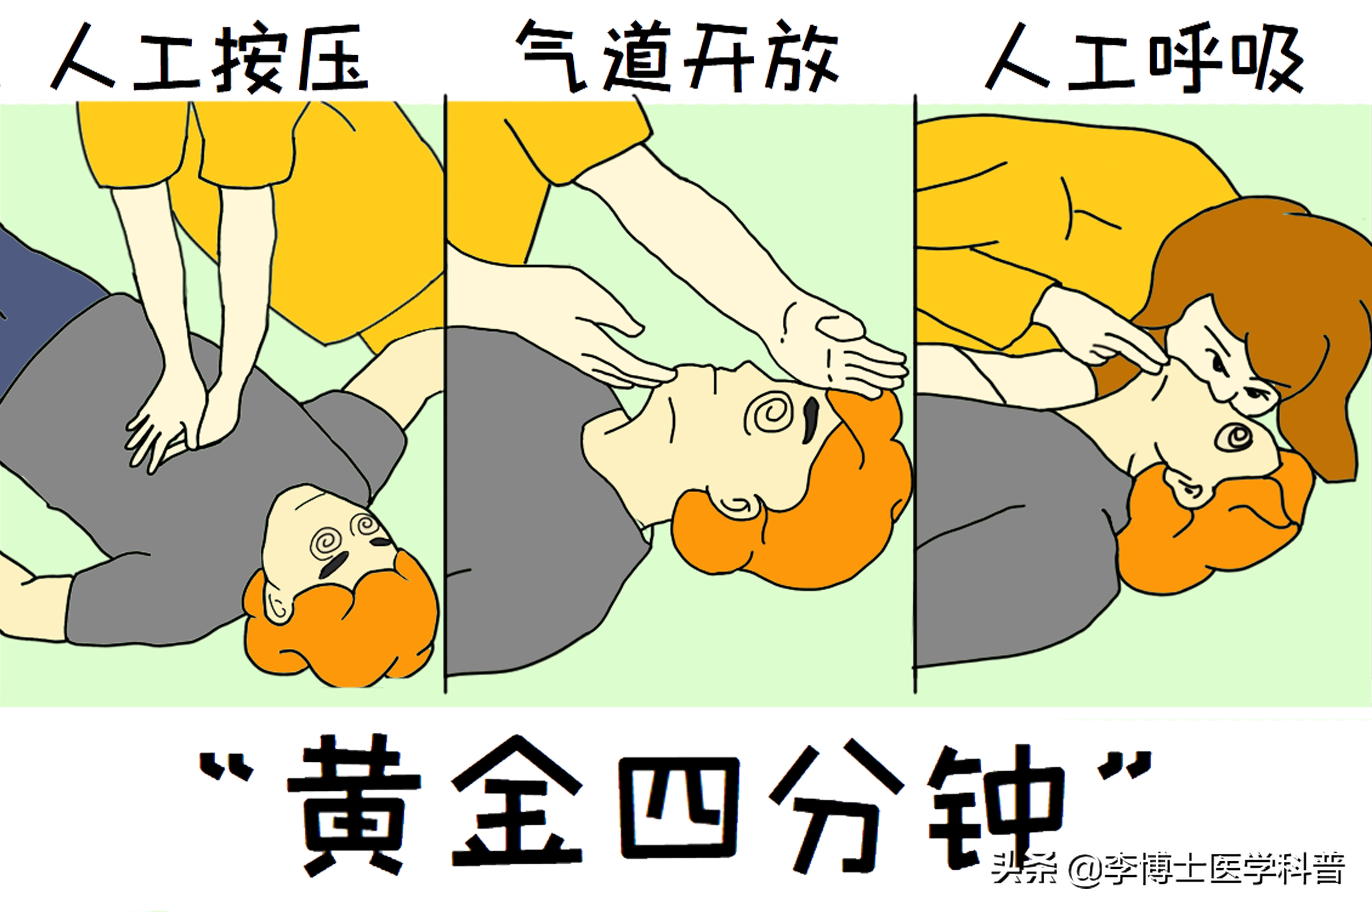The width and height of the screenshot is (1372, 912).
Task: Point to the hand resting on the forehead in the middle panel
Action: point(844,349)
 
